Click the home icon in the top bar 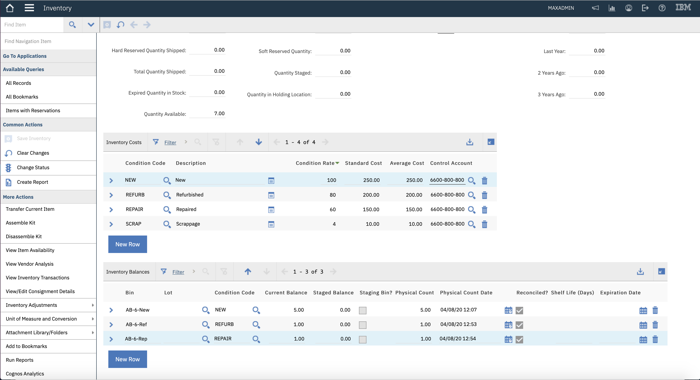tap(10, 8)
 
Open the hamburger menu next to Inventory tap(29, 8)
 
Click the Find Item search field tap(32, 25)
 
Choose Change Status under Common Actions tap(33, 168)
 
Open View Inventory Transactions tap(37, 278)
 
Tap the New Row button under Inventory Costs tap(128, 244)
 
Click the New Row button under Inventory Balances tap(128, 359)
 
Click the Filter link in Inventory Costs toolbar tap(170, 142)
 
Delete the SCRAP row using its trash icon tap(485, 224)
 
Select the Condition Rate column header tap(315, 163)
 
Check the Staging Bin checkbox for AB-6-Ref tap(362, 325)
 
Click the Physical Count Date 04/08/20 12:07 tap(458, 310)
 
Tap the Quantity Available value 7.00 tap(219, 113)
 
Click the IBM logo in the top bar tap(683, 7)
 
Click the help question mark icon tap(662, 8)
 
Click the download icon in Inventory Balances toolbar tap(640, 271)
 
